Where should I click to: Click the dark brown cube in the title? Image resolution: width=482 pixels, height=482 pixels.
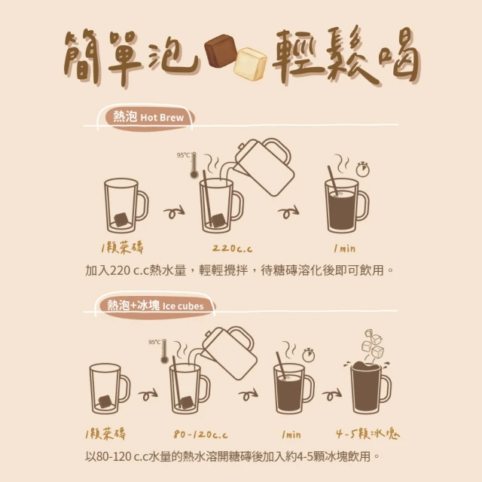pyautogui.click(x=221, y=50)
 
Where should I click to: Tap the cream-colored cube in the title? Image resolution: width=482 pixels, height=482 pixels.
pyautogui.click(x=250, y=64)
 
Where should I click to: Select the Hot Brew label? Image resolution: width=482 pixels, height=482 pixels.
pyautogui.click(x=148, y=117)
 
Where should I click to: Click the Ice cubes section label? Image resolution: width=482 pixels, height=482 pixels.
pyautogui.click(x=156, y=306)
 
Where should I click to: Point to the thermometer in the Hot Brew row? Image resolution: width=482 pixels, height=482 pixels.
pyautogui.click(x=194, y=166)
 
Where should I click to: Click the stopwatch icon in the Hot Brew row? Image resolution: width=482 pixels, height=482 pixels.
pyautogui.click(x=363, y=169)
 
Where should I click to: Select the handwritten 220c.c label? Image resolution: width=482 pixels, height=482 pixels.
pyautogui.click(x=233, y=249)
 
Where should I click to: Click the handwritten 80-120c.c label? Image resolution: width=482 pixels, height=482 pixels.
pyautogui.click(x=200, y=435)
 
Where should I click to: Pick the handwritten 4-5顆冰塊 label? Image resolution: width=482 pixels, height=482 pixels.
pyautogui.click(x=368, y=434)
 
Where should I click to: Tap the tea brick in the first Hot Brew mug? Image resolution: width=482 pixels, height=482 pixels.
pyautogui.click(x=120, y=219)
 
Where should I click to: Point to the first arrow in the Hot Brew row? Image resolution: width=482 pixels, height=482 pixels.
pyautogui.click(x=174, y=212)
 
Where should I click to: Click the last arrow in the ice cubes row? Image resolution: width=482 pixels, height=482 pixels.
pyautogui.click(x=331, y=395)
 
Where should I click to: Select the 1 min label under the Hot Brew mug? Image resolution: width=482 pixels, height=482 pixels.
pyautogui.click(x=345, y=248)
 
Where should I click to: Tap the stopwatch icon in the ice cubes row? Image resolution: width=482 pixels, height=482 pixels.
pyautogui.click(x=308, y=355)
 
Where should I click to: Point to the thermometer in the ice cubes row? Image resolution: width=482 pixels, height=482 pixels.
pyautogui.click(x=164, y=352)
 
